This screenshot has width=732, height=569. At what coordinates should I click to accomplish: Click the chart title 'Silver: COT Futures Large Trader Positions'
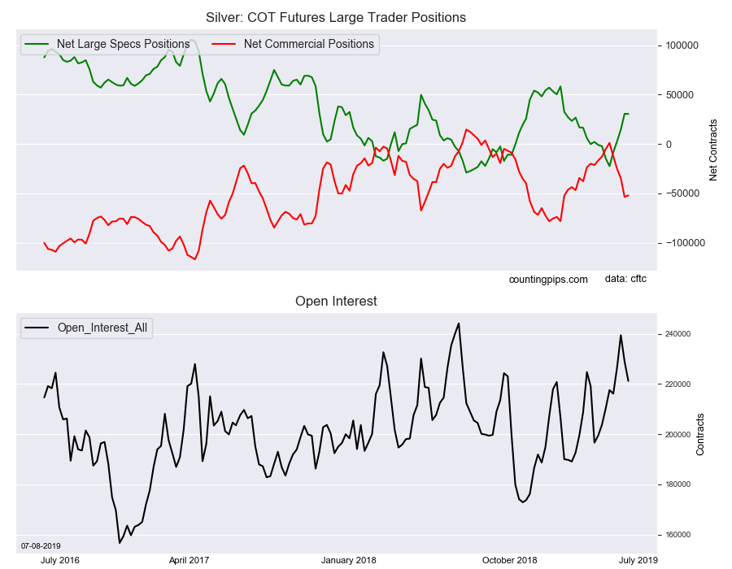click(x=336, y=17)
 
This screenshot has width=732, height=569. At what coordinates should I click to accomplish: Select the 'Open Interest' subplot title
click(x=336, y=301)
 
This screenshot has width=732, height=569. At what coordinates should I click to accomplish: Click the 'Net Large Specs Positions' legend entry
click(x=107, y=44)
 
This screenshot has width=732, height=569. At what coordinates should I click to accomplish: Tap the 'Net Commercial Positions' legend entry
click(x=293, y=44)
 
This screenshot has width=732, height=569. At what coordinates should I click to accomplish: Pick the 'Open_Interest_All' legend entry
click(x=86, y=328)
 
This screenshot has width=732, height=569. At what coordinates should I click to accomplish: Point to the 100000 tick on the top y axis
click(x=682, y=46)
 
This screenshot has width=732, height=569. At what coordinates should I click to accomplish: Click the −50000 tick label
click(x=682, y=193)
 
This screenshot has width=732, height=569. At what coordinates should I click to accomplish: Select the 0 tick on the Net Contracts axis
click(x=669, y=145)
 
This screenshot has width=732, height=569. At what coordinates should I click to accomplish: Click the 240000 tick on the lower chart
click(x=678, y=334)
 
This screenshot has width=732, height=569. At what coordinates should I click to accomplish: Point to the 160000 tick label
click(x=678, y=535)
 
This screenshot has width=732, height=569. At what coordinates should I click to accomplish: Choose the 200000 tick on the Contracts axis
click(x=678, y=435)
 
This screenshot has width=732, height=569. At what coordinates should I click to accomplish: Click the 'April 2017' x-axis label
click(x=189, y=560)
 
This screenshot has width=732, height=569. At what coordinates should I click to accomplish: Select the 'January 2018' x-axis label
click(x=349, y=560)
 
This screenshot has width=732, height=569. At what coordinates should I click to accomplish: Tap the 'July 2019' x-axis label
click(x=638, y=560)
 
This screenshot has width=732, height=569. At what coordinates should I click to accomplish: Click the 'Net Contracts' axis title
click(x=712, y=150)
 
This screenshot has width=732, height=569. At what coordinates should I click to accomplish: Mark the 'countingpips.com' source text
click(x=548, y=280)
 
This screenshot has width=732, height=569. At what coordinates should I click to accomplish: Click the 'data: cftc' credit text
click(x=625, y=279)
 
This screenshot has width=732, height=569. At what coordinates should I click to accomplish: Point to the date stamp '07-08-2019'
click(x=41, y=545)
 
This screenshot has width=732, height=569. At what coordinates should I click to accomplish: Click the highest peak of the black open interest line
click(x=459, y=324)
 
